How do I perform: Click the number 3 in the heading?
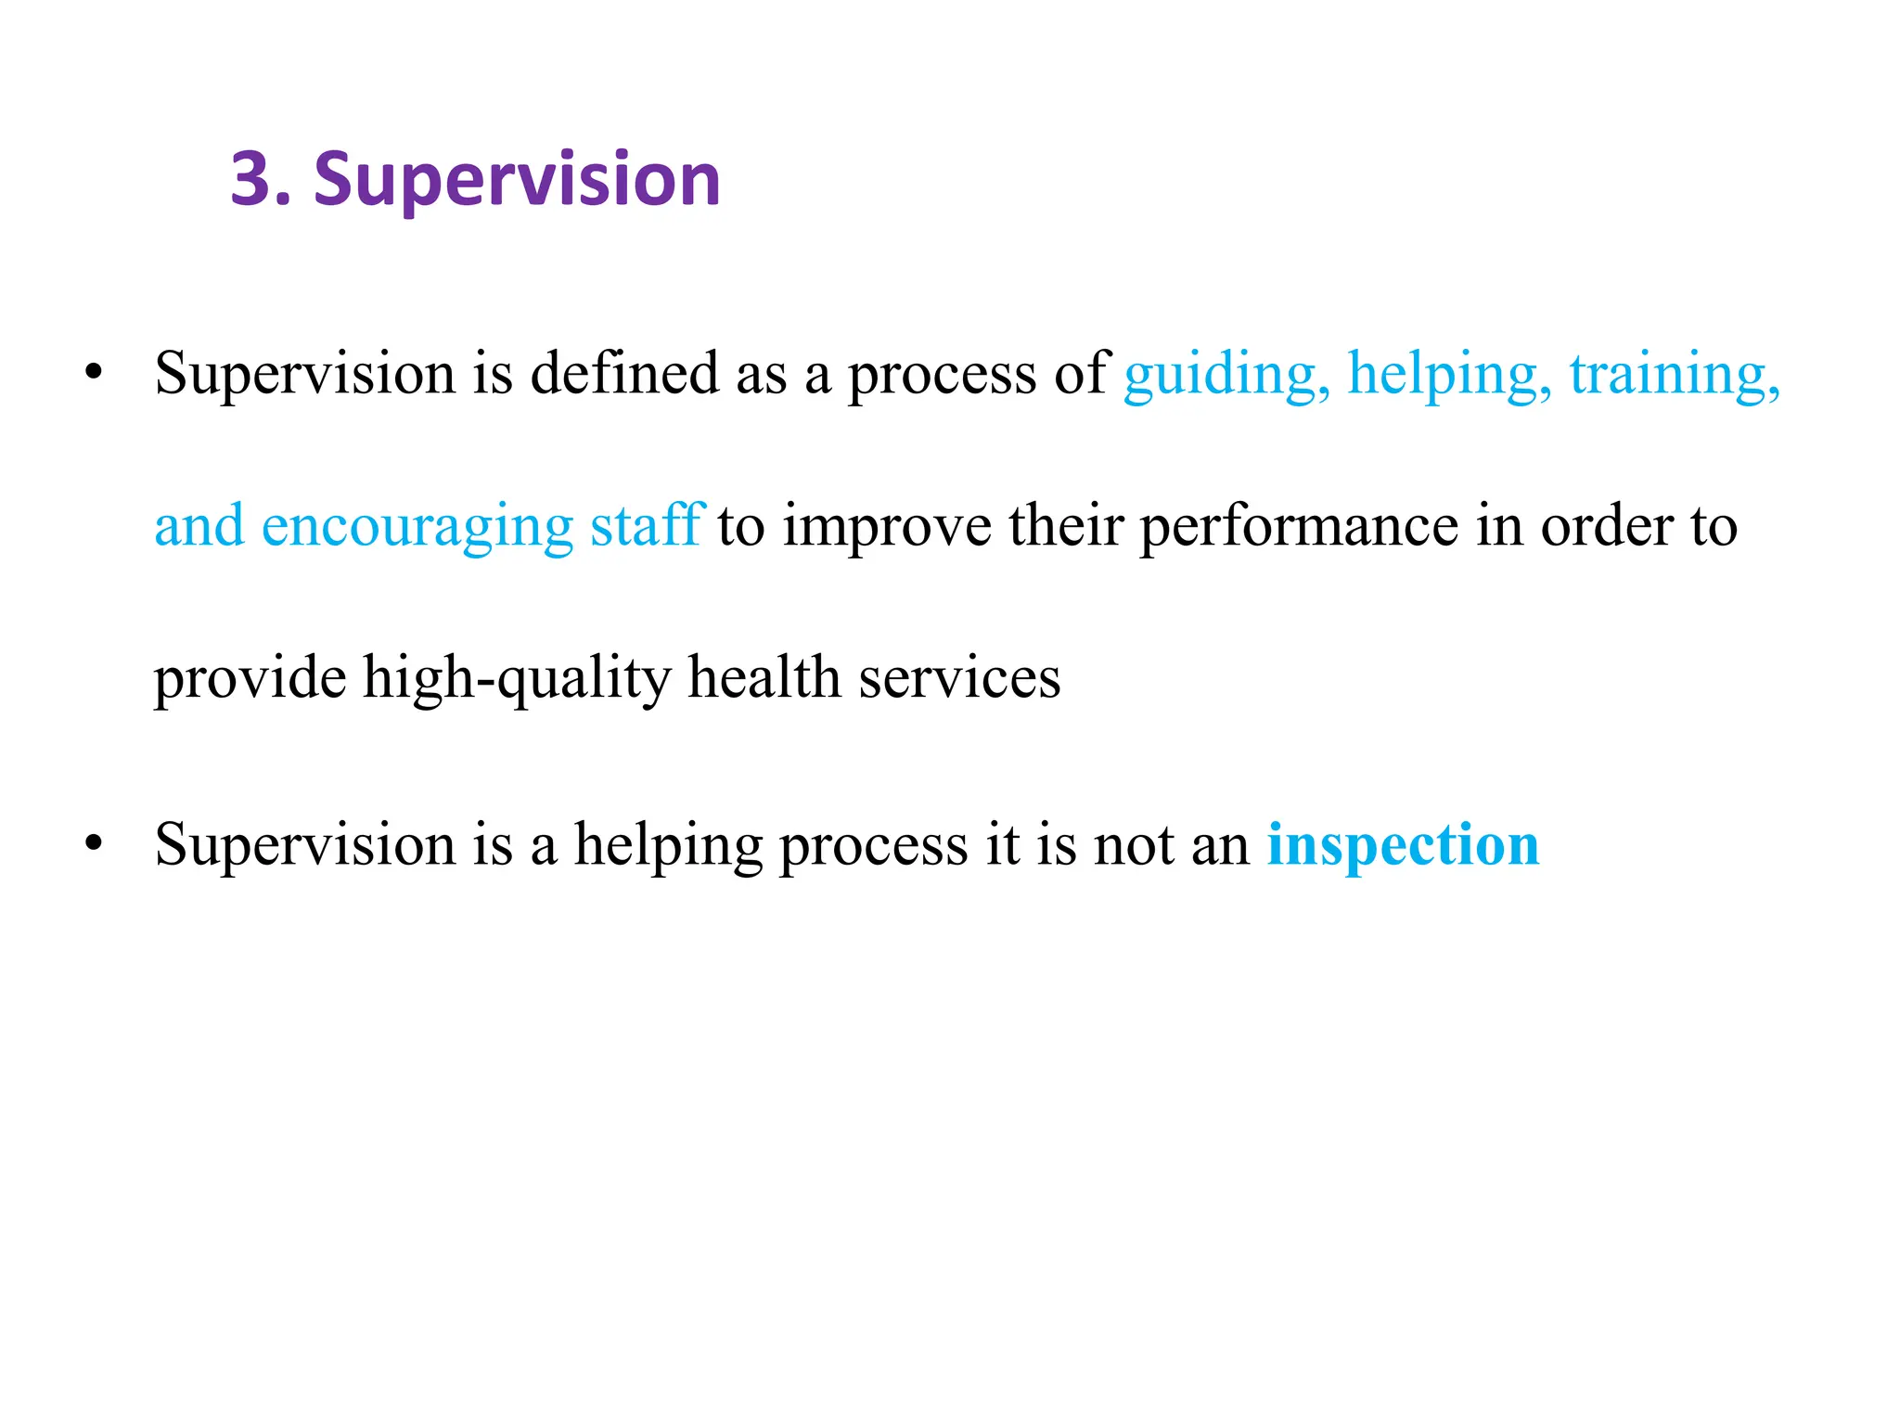[x=252, y=178]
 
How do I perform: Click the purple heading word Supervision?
[x=517, y=180]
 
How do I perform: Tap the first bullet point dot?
[x=93, y=372]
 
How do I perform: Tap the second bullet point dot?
[x=93, y=843]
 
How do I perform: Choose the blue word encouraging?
[x=417, y=527]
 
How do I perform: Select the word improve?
[x=886, y=527]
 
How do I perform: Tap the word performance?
[x=1300, y=527]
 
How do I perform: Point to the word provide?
[x=250, y=678]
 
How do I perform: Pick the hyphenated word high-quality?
[x=516, y=678]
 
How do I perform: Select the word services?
[x=959, y=678]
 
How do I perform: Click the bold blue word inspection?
[x=1403, y=845]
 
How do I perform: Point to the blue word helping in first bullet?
[x=1448, y=375]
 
